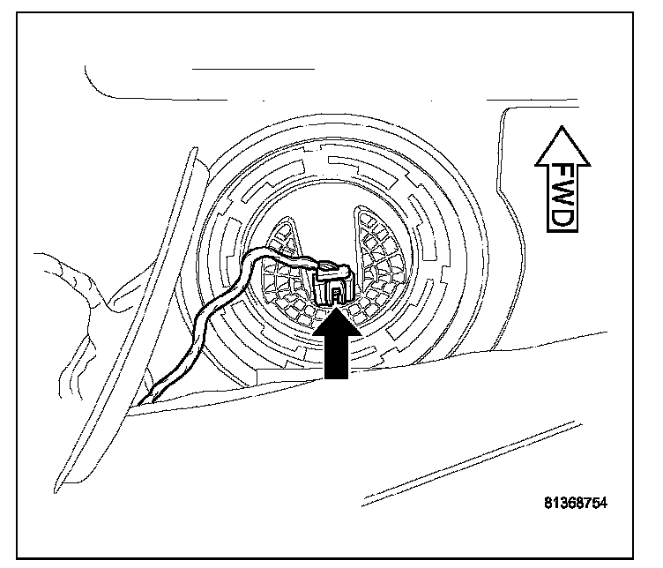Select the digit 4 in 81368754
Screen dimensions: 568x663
[604, 504]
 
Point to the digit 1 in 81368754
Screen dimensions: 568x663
[555, 504]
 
